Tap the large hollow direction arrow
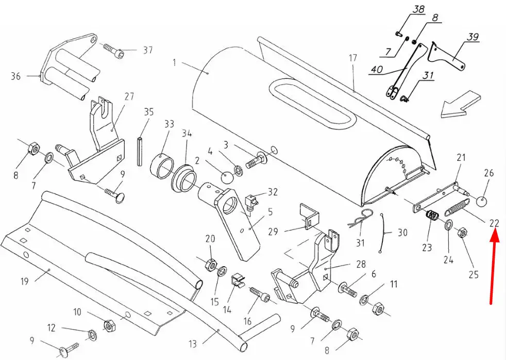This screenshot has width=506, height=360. (461, 104)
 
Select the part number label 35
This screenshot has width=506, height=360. (149, 112)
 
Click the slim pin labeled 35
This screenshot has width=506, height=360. (140, 152)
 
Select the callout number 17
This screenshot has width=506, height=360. (353, 58)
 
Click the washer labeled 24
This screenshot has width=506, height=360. (448, 225)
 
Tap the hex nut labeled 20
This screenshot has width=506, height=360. (210, 264)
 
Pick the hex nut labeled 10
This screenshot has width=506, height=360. (109, 325)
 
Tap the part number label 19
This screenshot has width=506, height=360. (25, 281)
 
